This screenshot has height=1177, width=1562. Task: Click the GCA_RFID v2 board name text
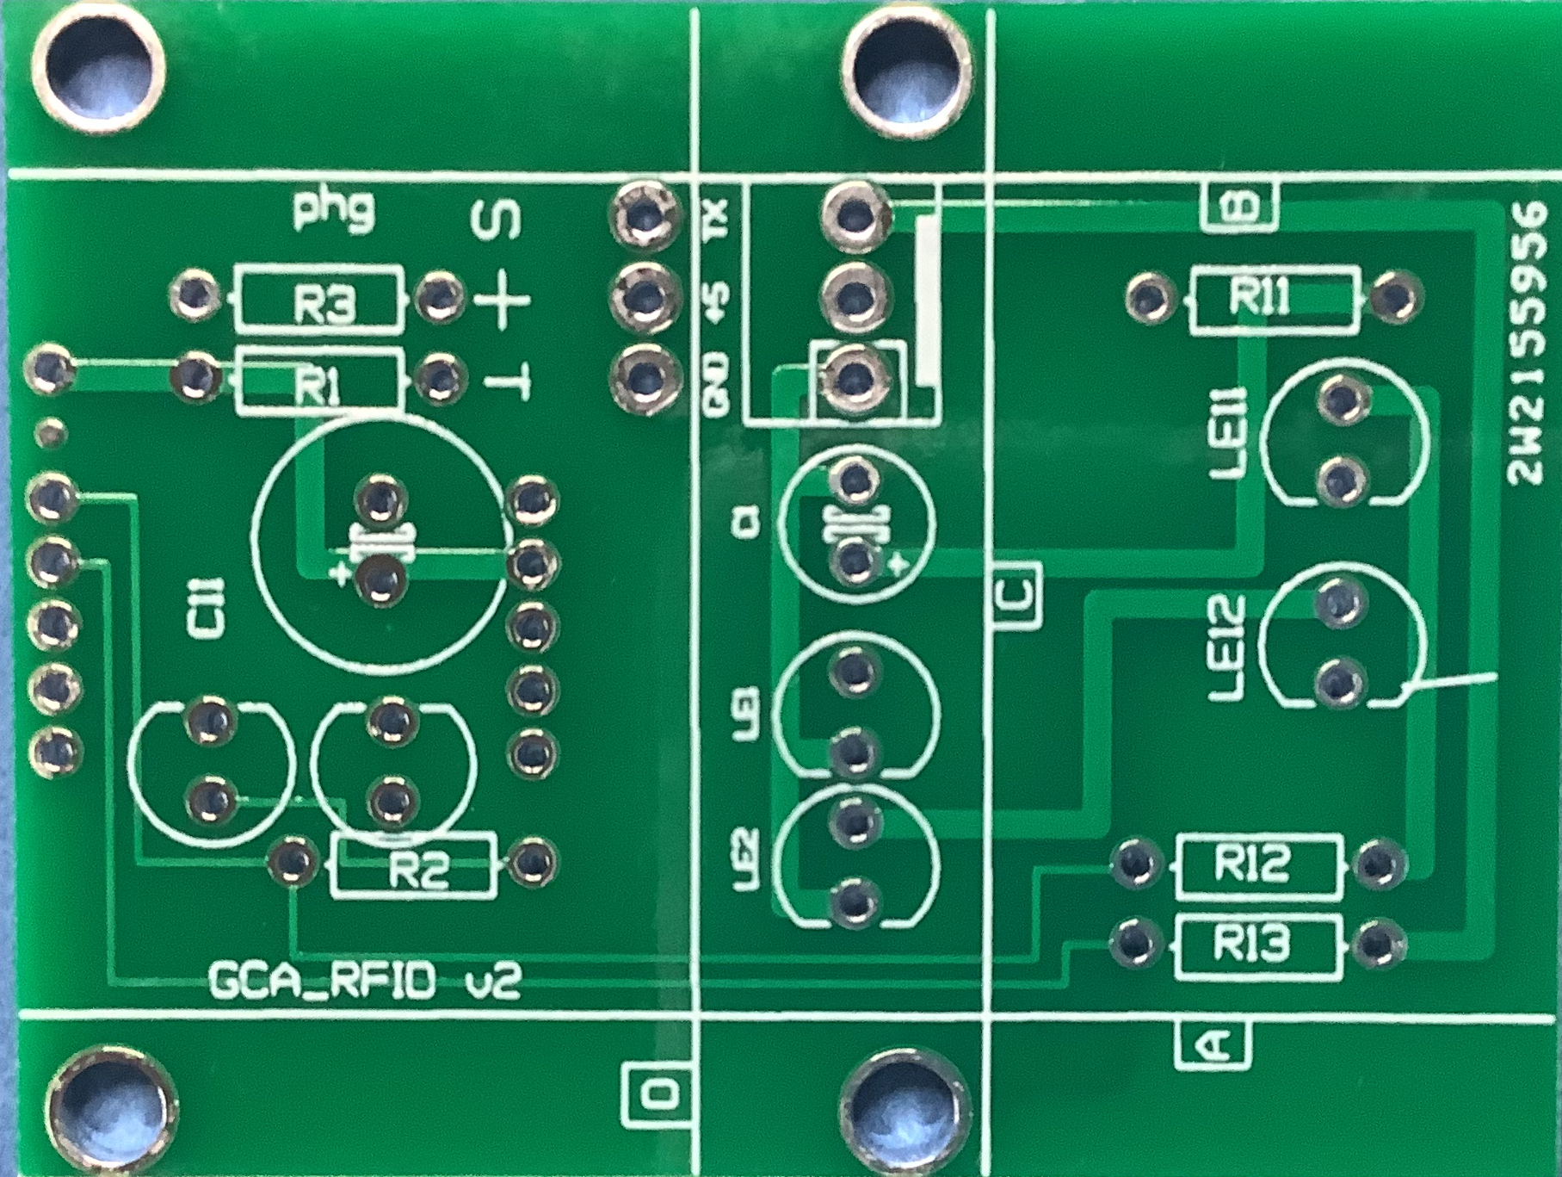click(364, 982)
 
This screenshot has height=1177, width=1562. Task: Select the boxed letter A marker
click(1213, 1044)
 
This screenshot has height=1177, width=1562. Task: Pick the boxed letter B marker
click(1240, 207)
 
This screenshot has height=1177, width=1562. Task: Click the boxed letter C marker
click(1016, 595)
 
